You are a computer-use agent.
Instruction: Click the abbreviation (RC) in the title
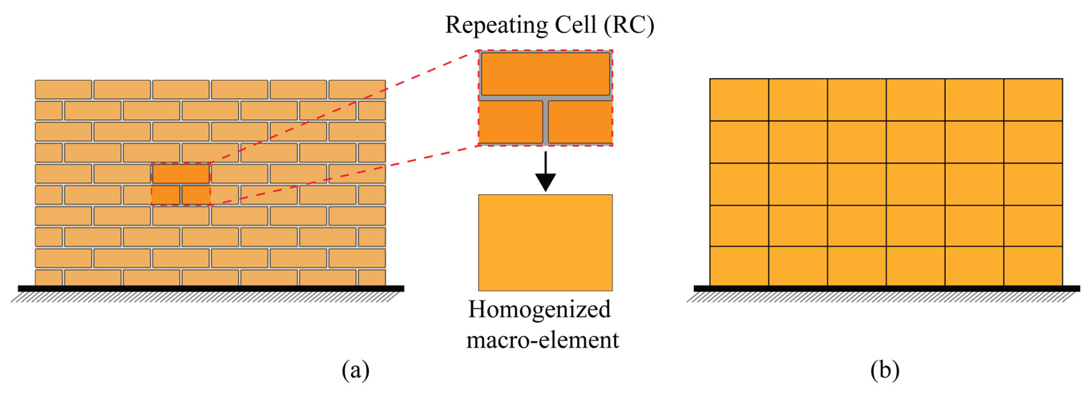point(629,26)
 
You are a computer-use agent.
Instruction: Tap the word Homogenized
point(539,309)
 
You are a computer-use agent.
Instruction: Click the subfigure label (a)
point(355,370)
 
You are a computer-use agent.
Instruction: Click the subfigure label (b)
point(885,370)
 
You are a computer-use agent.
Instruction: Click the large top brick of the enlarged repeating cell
point(546,74)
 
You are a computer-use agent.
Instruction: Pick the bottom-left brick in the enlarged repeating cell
point(510,122)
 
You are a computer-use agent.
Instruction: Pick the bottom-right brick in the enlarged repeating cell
point(580,122)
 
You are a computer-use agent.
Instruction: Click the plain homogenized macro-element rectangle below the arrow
point(546,242)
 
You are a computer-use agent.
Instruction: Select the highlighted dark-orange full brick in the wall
point(181,174)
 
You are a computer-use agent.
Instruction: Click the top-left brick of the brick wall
point(63,89)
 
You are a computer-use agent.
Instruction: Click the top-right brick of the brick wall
point(357,89)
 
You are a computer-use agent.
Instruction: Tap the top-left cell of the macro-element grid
point(739,100)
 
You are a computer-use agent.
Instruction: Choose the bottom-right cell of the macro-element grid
point(1033,266)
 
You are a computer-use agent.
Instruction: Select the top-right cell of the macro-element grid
point(1033,100)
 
